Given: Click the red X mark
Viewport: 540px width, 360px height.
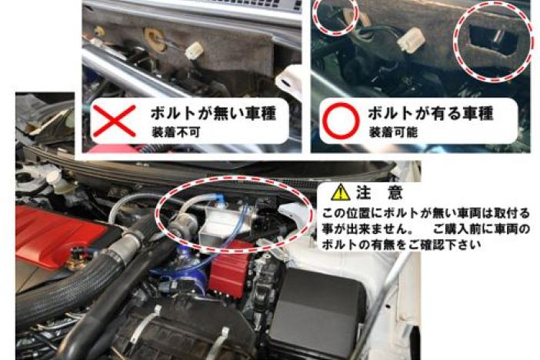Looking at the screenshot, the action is (x=115, y=121).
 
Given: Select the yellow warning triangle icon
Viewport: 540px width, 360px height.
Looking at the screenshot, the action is (x=340, y=192).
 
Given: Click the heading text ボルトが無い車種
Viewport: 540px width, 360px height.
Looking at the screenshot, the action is (x=214, y=113).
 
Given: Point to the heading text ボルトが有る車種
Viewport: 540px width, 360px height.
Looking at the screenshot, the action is (x=431, y=112).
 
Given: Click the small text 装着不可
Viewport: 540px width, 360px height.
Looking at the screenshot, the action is (x=175, y=132).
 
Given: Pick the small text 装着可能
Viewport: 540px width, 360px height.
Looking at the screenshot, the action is (x=393, y=132).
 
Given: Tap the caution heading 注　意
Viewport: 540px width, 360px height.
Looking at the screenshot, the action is (x=379, y=192).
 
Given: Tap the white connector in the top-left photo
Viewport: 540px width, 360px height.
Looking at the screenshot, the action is (x=195, y=50).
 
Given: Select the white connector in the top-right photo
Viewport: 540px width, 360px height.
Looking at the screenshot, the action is (x=409, y=41).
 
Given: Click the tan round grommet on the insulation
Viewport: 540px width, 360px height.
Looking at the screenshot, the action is (x=154, y=37).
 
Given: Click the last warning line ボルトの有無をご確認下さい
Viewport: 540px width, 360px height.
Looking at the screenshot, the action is (x=401, y=245).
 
